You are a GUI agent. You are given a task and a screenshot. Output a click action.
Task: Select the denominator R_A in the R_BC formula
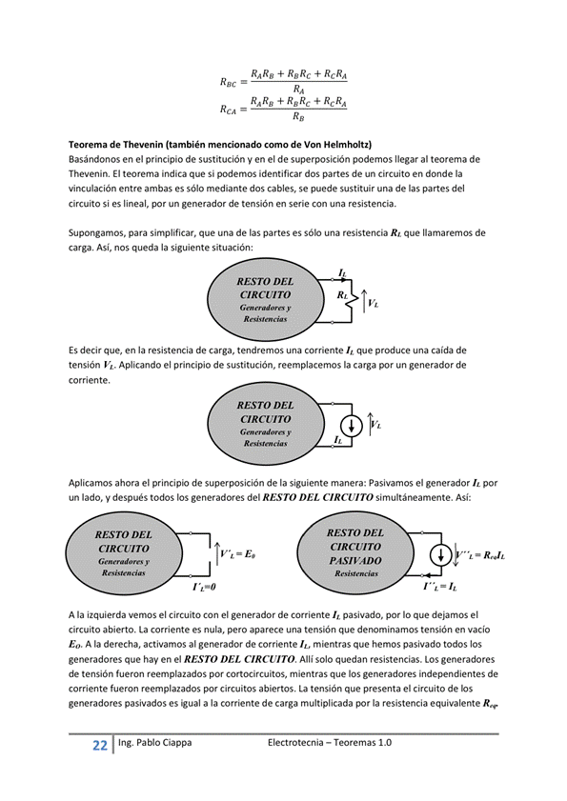(298, 90)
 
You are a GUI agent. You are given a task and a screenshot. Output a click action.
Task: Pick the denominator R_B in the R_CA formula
(298, 118)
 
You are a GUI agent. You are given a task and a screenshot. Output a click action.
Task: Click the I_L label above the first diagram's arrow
(341, 273)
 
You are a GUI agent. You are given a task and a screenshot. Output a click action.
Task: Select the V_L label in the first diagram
(374, 303)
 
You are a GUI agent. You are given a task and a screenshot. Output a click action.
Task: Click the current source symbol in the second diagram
(353, 424)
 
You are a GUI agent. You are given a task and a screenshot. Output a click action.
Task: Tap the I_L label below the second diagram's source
(338, 441)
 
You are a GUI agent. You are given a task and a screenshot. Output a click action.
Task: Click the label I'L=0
(204, 587)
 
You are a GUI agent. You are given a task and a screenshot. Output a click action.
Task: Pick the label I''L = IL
(440, 587)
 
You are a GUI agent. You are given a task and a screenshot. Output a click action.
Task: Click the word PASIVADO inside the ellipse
(354, 561)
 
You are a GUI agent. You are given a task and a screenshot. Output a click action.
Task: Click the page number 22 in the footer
(99, 745)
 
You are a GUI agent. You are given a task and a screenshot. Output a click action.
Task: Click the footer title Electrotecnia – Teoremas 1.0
(331, 743)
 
